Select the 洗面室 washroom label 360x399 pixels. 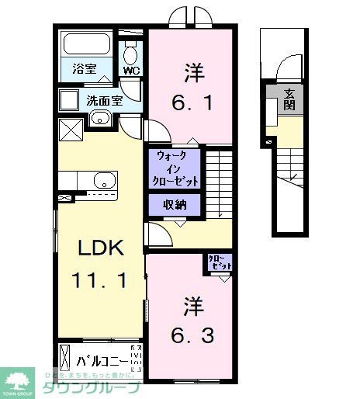[103, 100]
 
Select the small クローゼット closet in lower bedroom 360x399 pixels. [219, 263]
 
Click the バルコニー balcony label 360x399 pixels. [102, 361]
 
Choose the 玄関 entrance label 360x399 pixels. [289, 99]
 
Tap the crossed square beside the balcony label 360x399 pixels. [65, 361]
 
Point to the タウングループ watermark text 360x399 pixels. [91, 388]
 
